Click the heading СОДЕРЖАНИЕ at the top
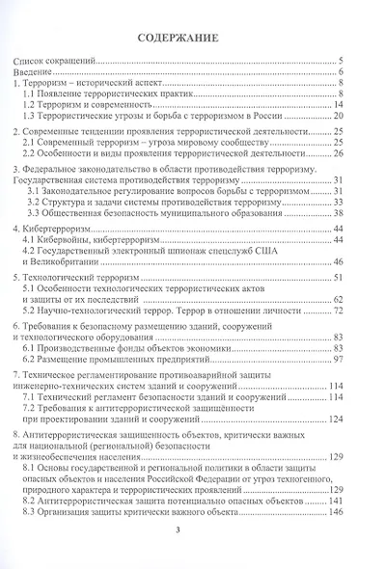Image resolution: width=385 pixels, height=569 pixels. [192, 40]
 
